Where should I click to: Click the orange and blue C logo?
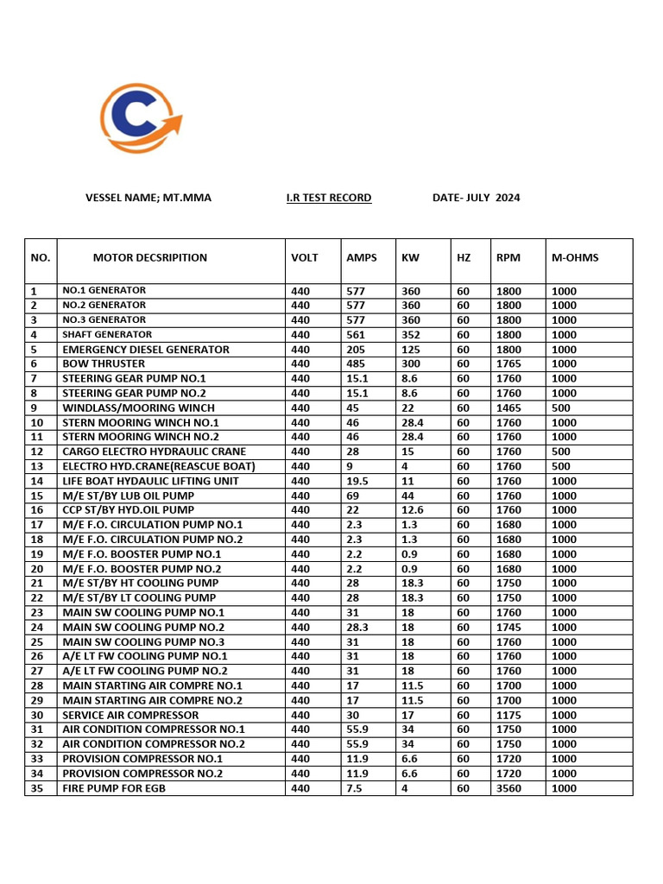pyautogui.click(x=140, y=119)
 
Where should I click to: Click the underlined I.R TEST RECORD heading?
pyautogui.click(x=329, y=198)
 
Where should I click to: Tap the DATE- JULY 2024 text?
pyautogui.click(x=476, y=198)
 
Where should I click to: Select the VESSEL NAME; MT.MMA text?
pyautogui.click(x=148, y=198)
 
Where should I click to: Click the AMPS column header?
pyautogui.click(x=362, y=257)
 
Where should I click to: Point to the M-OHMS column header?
pyautogui.click(x=575, y=257)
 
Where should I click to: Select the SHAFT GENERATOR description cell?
pyautogui.click(x=107, y=335)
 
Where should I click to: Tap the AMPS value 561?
pyautogui.click(x=356, y=335)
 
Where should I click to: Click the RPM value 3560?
pyautogui.click(x=508, y=788)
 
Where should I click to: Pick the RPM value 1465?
pyautogui.click(x=508, y=407)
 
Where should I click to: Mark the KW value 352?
pyautogui.click(x=411, y=335)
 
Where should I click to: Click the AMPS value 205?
pyautogui.click(x=356, y=350)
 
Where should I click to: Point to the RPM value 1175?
pyautogui.click(x=508, y=715)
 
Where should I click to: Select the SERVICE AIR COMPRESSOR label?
pyautogui.click(x=130, y=715)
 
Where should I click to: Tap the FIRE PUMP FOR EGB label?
pyautogui.click(x=114, y=788)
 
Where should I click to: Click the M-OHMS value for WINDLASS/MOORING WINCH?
pyautogui.click(x=561, y=407)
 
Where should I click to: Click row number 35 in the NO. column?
pyautogui.click(x=36, y=788)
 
